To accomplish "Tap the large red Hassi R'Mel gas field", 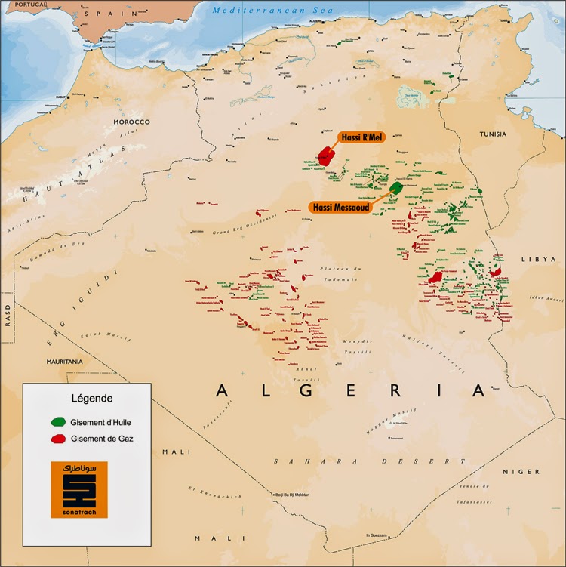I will (326, 156).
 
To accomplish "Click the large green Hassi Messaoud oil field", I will (395, 187).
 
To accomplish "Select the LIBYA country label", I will (531, 259).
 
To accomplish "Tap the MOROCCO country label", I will (132, 122).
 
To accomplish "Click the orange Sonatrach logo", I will (79, 489).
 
